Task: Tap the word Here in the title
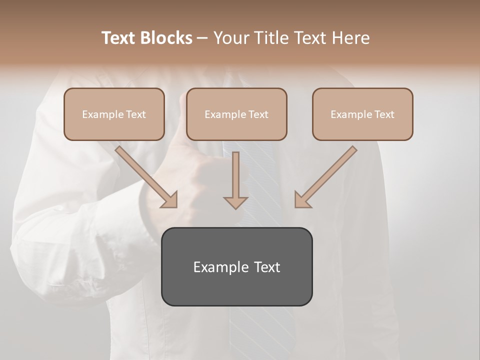(x=350, y=38)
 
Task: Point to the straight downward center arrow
(x=236, y=175)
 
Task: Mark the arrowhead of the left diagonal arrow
(x=170, y=200)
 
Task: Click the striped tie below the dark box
(x=260, y=330)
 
